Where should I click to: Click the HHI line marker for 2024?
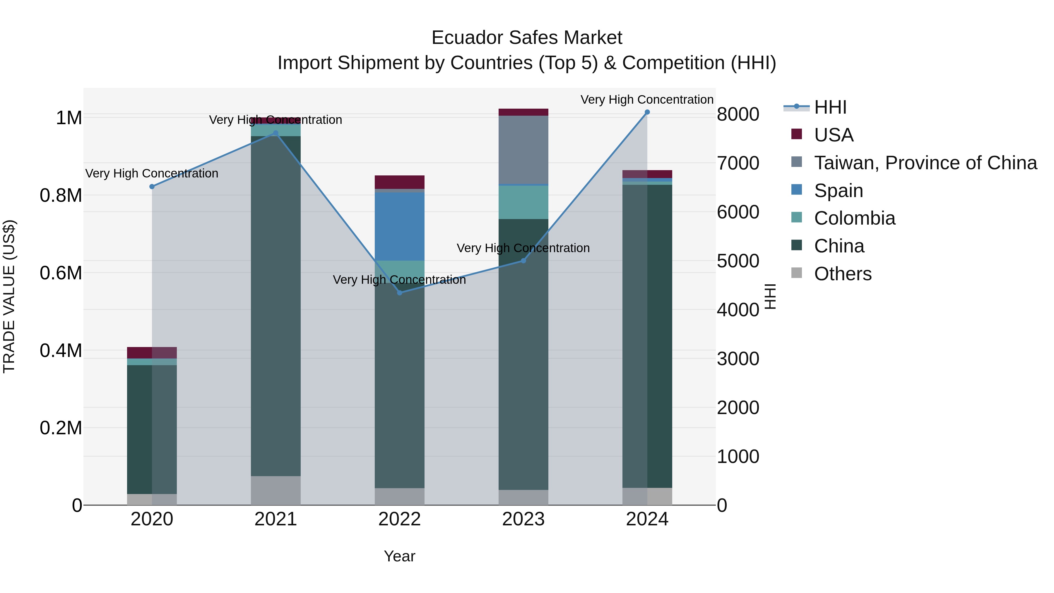click(647, 112)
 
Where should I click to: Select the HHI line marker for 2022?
click(400, 293)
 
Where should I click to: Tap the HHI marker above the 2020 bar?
click(152, 187)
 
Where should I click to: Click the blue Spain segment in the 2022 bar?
click(400, 226)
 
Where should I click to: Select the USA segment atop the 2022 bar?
click(400, 182)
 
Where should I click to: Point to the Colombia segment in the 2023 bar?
click(523, 202)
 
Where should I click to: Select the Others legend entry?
click(842, 274)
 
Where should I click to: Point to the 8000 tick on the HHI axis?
click(738, 114)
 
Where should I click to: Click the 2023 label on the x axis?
click(523, 519)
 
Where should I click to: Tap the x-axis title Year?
click(399, 556)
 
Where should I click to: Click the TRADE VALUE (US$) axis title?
click(9, 296)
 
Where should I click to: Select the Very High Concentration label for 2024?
click(646, 100)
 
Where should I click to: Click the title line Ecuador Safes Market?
click(527, 38)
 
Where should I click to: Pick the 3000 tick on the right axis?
click(738, 359)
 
